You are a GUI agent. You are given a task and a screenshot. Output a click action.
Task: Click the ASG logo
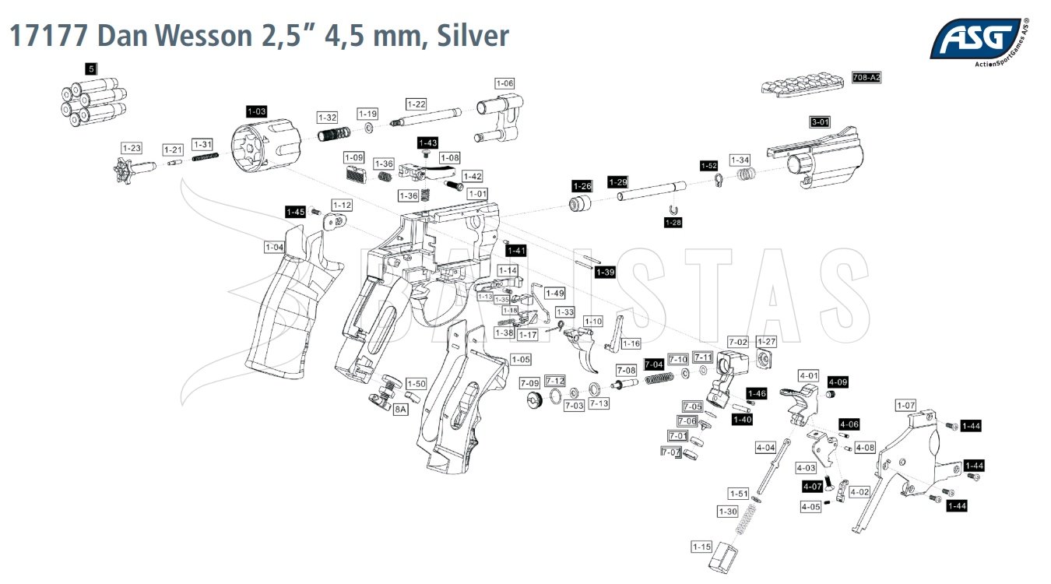976,39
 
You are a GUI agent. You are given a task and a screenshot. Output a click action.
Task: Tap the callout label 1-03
257,111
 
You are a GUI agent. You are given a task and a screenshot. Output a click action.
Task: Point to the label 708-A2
866,78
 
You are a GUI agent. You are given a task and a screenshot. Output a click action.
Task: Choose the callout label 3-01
821,122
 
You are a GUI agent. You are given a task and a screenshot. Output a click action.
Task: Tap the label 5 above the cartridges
91,69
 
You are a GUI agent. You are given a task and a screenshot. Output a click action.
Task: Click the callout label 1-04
274,247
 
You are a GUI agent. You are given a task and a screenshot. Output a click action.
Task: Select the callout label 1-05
521,359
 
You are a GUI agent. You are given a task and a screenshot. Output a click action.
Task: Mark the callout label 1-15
701,547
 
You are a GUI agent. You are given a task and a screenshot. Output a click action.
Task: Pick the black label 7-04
654,364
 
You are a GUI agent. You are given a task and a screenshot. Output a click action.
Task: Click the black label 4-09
838,382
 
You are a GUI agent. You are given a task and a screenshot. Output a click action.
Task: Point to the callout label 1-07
905,405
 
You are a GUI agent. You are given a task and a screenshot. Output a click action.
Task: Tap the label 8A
401,408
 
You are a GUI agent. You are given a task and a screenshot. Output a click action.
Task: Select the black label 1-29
617,181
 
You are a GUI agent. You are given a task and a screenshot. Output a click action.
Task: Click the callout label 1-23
132,148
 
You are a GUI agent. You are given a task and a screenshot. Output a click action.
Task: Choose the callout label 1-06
504,83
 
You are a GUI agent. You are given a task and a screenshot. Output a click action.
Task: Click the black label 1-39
605,272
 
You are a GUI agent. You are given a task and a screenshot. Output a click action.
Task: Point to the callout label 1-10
593,321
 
